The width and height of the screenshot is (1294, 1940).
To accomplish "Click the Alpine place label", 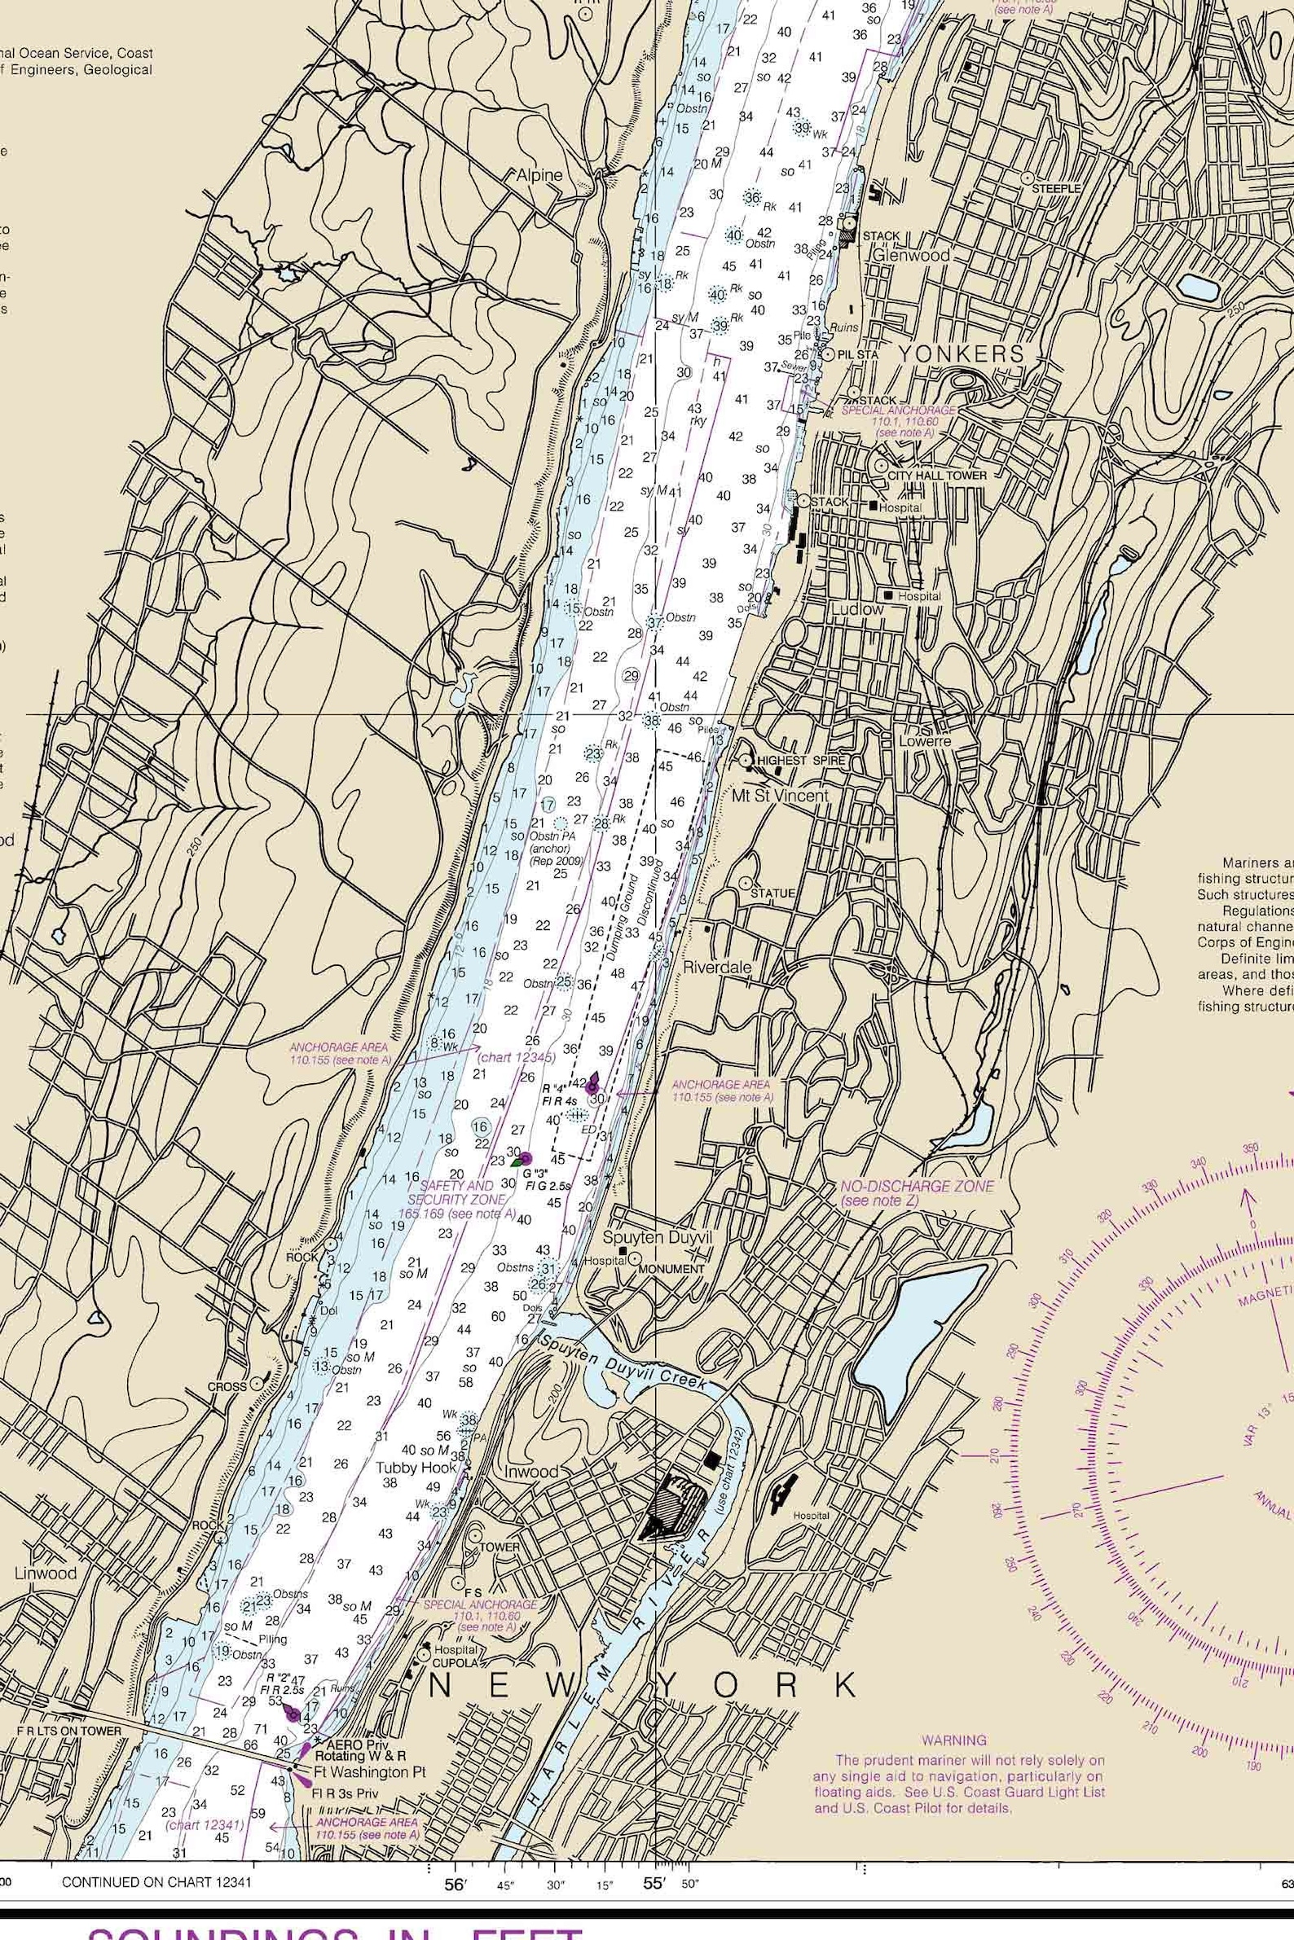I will [x=539, y=175].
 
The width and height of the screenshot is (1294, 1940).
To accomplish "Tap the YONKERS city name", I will [x=960, y=353].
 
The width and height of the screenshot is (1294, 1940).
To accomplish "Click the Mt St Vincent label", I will [x=780, y=796].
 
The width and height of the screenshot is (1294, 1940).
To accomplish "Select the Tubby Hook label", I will [x=416, y=1468].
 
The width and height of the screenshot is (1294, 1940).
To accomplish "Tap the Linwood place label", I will [x=46, y=1573].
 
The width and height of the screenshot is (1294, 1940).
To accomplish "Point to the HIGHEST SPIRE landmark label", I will [x=800, y=760].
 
